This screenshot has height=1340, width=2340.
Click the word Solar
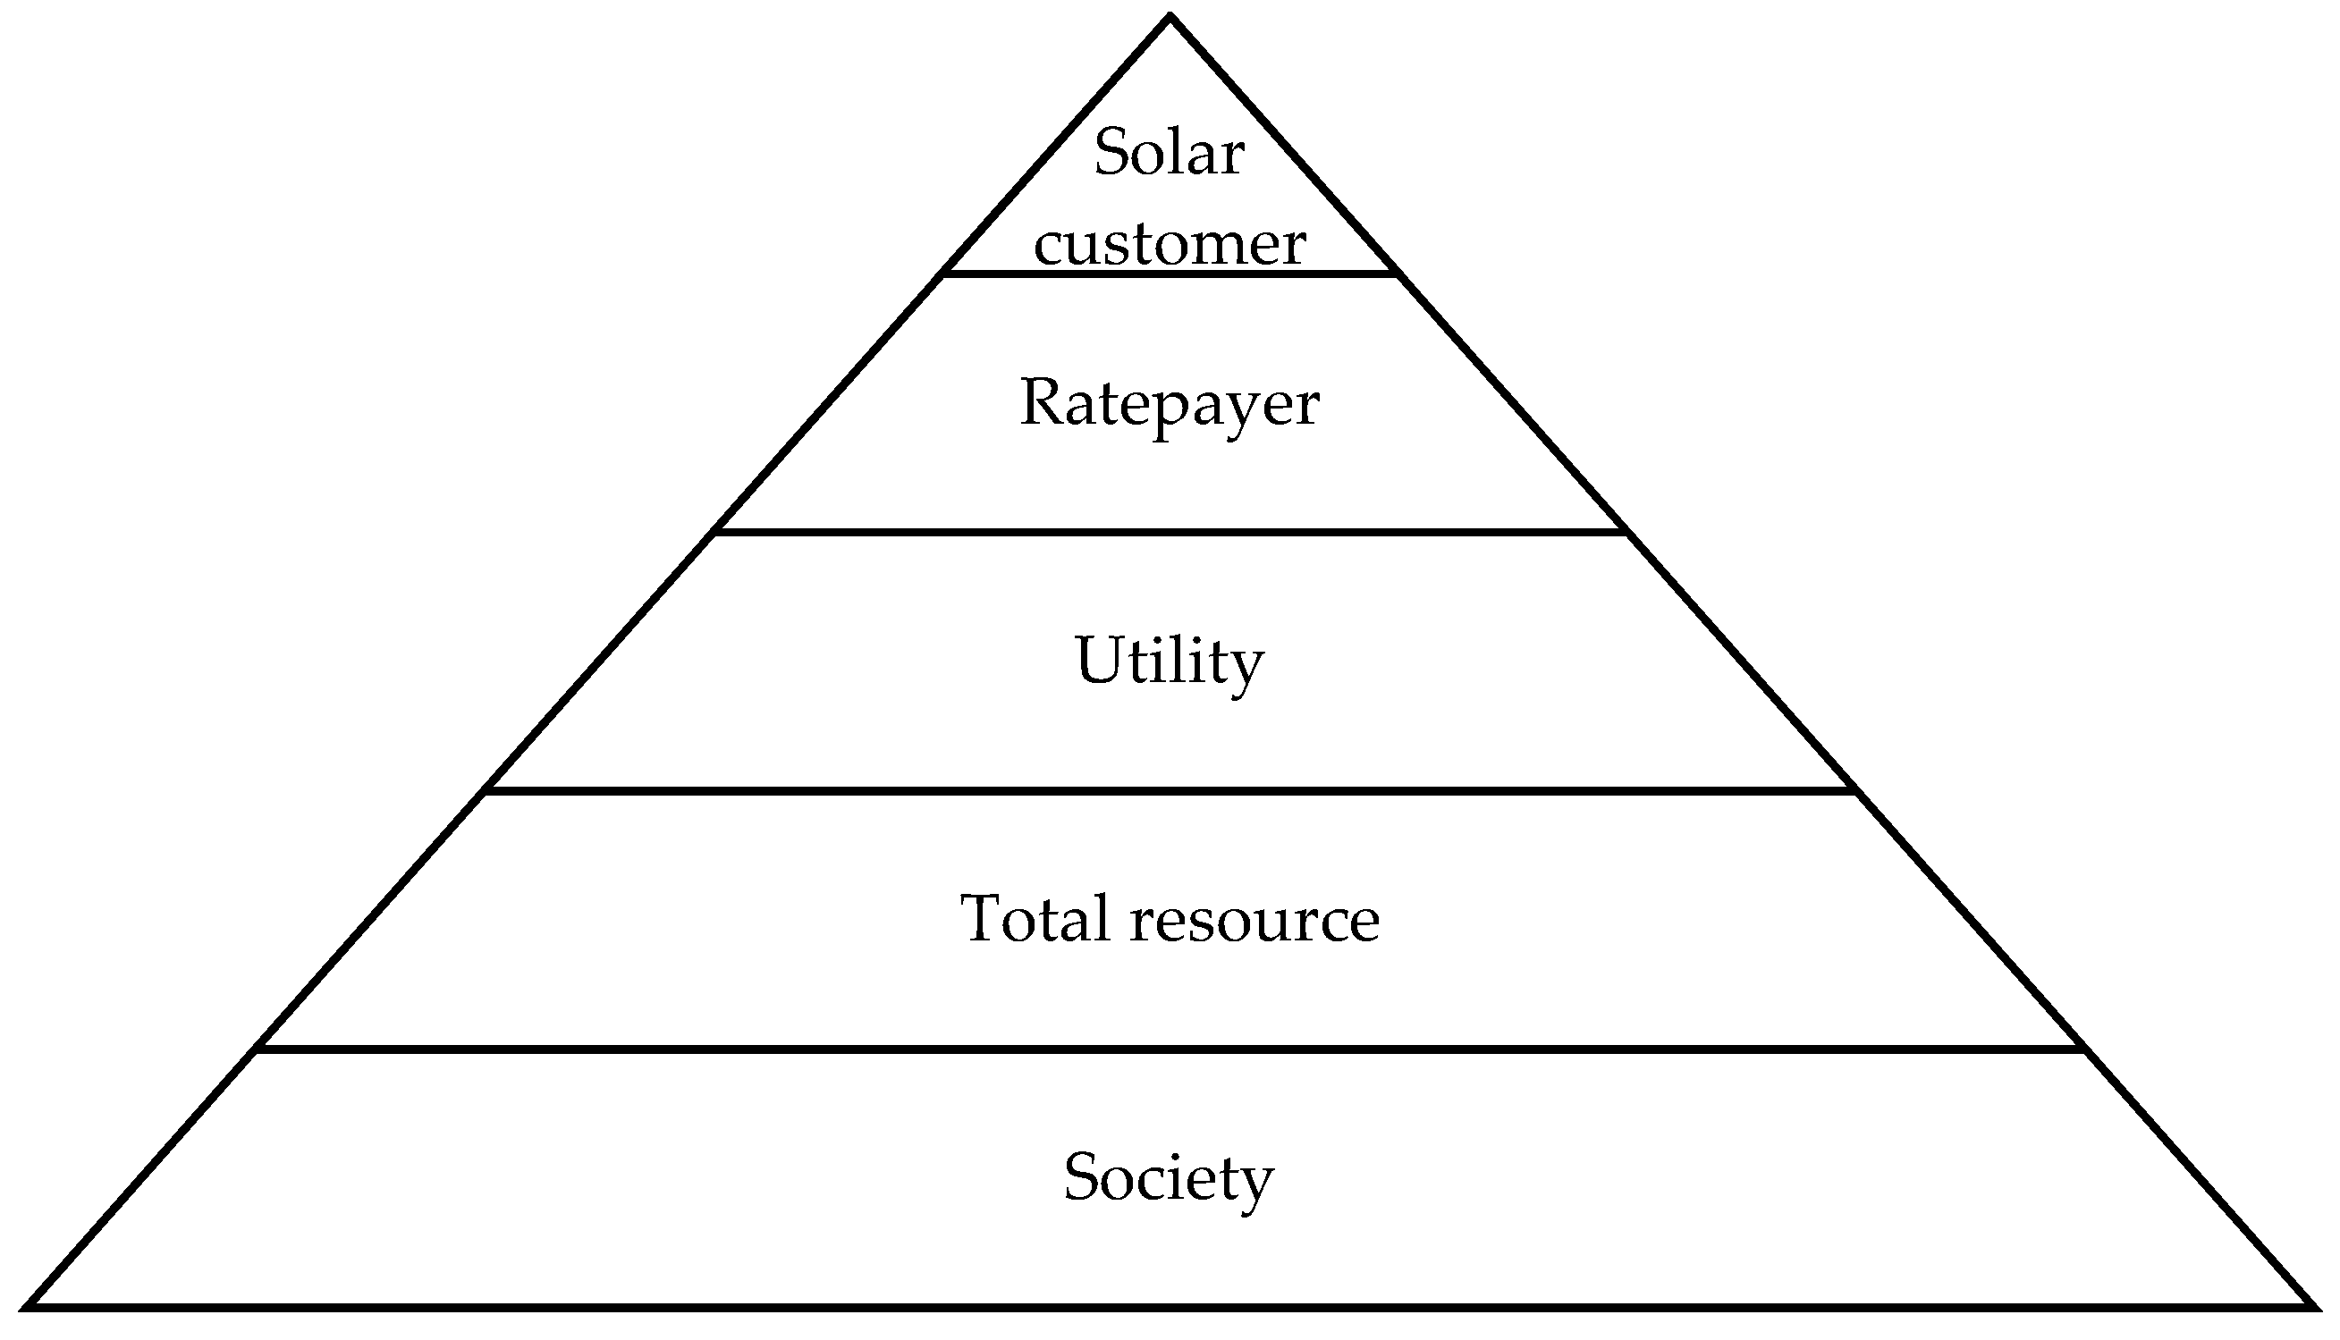coord(1169,152)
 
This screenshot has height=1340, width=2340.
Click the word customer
coord(1169,245)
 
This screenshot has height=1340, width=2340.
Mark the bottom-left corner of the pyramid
coord(30,1305)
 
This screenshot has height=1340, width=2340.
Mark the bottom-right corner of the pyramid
coord(2310,1305)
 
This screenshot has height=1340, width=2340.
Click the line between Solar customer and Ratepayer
coord(1169,273)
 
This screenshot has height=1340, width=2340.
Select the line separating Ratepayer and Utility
coord(1169,532)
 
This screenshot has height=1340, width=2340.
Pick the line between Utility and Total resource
coord(1169,790)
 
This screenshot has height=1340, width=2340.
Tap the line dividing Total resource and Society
coord(1169,1049)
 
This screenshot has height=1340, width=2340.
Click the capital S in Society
coord(1082,1177)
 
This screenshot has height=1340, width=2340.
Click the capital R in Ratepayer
coord(1043,402)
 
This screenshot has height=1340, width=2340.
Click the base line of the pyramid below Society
coord(1169,1305)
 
